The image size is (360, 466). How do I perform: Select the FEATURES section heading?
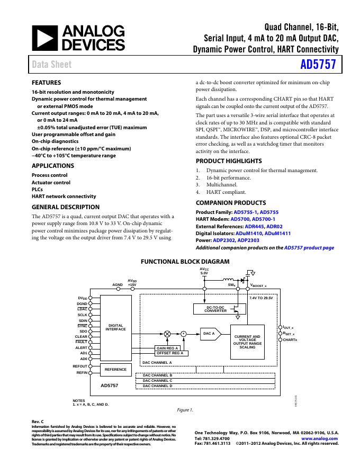point(46,83)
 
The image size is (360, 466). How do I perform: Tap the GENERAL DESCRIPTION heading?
point(65,207)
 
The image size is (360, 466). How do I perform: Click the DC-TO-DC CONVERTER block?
point(215,309)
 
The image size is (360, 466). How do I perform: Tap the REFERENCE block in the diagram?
point(116,369)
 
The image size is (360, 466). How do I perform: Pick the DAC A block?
point(210,334)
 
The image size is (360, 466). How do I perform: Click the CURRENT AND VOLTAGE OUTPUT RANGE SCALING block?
point(247,341)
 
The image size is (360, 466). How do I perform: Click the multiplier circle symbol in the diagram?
point(167,334)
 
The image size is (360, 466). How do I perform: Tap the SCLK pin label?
point(82,315)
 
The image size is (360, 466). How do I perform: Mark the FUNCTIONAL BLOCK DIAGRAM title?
point(185,262)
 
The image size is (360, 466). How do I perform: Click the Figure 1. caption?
point(185,409)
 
